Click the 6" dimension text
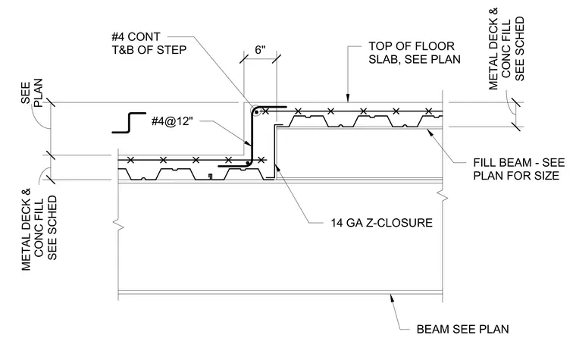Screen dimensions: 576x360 (x=260, y=49)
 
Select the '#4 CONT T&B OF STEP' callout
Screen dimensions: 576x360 (x=149, y=43)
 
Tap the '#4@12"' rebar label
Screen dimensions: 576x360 (x=172, y=121)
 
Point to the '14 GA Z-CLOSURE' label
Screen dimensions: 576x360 (x=382, y=223)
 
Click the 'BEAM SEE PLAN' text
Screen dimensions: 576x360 (x=462, y=329)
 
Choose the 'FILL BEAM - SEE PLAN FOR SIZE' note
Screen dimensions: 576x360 (x=518, y=169)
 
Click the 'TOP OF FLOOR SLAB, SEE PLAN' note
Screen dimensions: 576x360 (x=415, y=52)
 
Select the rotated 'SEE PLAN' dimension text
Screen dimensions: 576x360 (x=32, y=92)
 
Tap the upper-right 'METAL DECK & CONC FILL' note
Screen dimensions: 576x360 (x=506, y=49)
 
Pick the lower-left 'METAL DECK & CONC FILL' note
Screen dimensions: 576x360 (x=39, y=229)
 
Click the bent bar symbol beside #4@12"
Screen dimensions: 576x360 (x=130, y=122)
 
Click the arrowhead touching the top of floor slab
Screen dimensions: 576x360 (x=347, y=98)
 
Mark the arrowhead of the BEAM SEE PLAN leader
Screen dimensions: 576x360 (x=393, y=298)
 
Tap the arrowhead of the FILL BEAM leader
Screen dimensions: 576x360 (x=430, y=132)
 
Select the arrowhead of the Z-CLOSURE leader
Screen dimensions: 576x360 (x=277, y=169)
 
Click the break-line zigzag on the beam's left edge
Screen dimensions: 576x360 (x=119, y=224)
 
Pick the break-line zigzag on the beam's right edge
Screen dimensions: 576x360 (x=443, y=196)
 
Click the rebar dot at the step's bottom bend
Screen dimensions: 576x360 (x=248, y=162)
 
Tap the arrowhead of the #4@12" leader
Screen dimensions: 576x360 (x=248, y=142)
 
